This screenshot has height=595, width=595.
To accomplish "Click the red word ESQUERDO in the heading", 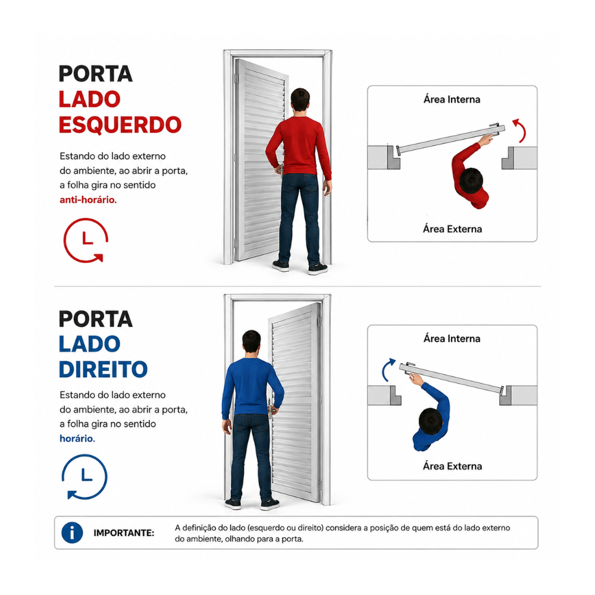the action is coord(120,125).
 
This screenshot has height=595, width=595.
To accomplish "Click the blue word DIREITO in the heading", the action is coord(103,369).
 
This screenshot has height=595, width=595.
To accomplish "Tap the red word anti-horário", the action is coord(88,199).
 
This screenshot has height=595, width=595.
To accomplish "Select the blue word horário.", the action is coord(77,439).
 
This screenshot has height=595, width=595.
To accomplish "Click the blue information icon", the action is coord(72,533).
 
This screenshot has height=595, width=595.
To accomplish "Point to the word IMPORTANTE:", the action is coord(124,533).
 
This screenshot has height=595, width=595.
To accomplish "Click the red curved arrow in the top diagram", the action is coord(522,129).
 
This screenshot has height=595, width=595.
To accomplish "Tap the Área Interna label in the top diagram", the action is coord(452,99).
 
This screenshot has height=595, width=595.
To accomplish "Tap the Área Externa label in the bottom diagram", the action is coord(452,466).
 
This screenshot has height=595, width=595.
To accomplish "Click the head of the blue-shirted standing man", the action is coord(252,342).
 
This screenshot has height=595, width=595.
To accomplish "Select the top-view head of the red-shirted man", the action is coord(471,181).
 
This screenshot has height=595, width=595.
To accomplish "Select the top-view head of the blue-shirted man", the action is coord(431,421).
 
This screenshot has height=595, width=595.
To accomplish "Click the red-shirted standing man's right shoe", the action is coord(318,269).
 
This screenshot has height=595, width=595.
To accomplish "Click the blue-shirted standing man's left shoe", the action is coord(233,504).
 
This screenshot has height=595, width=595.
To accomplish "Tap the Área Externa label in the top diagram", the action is coord(452,229).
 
